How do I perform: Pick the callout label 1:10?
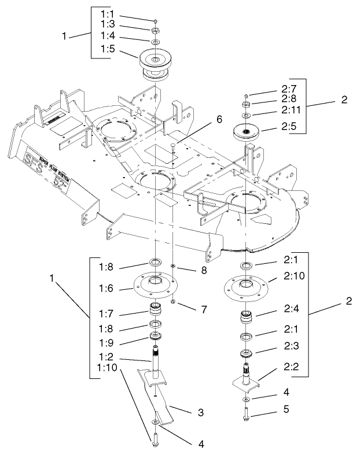click(x=107, y=367)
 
